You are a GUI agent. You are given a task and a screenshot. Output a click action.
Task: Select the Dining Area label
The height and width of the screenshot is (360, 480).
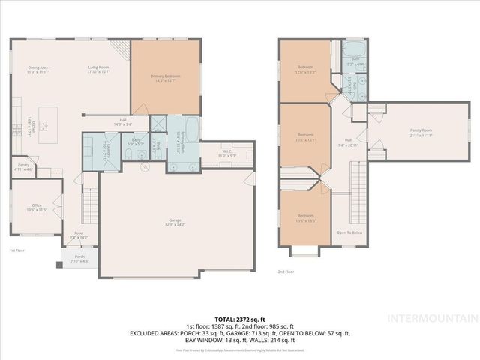[37, 70]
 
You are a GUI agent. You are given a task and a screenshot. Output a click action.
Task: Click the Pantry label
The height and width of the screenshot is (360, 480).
[23, 168]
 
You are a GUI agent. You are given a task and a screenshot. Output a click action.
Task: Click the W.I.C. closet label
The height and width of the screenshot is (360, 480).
[217, 154]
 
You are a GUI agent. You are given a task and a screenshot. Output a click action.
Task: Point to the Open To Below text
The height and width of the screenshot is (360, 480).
[349, 232]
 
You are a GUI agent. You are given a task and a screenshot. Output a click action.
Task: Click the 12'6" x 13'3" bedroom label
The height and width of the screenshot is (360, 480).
[304, 70]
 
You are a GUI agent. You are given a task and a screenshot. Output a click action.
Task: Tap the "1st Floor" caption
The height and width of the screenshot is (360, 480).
[18, 250]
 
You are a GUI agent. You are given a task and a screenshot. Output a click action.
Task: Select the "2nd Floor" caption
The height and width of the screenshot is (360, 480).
[286, 271]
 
